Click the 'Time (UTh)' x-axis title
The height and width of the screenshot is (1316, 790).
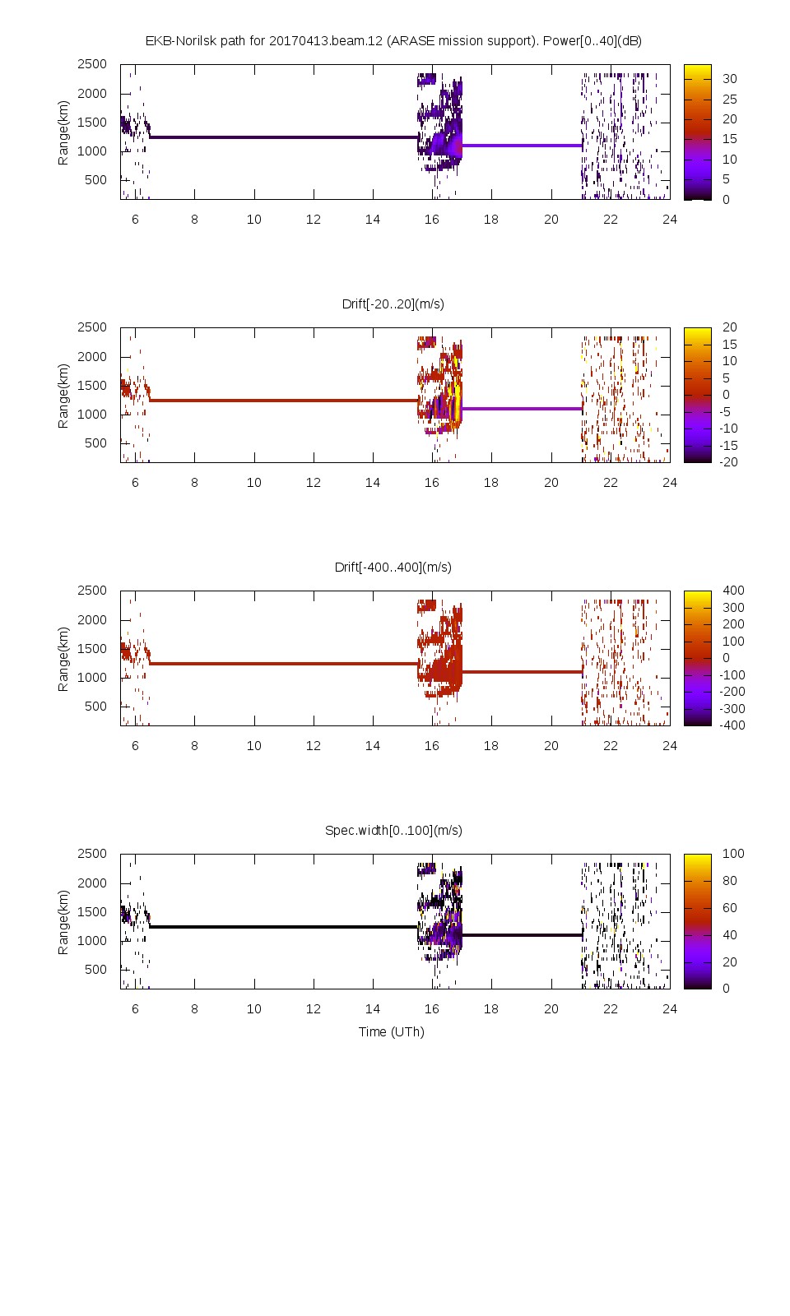(x=391, y=1031)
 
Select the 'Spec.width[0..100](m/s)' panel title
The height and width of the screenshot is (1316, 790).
(x=393, y=830)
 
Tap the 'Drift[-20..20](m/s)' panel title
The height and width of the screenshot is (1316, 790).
(x=393, y=304)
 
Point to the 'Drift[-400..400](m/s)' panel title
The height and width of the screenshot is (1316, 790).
(x=393, y=567)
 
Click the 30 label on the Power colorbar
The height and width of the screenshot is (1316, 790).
(x=729, y=79)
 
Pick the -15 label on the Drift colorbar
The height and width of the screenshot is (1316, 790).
(x=729, y=445)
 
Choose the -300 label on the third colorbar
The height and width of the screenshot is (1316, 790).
(x=732, y=708)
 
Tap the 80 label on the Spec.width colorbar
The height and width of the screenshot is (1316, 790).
(x=729, y=881)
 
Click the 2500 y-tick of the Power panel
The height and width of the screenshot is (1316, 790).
(x=92, y=64)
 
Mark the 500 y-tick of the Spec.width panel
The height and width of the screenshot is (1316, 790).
(x=95, y=969)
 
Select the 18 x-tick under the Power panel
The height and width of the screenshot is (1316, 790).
(x=491, y=220)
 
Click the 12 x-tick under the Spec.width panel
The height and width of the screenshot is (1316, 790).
(x=314, y=1009)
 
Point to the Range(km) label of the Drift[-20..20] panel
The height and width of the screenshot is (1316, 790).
(x=63, y=396)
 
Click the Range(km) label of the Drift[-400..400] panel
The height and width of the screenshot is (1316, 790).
(x=63, y=659)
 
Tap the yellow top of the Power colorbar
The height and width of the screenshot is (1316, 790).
(x=697, y=70)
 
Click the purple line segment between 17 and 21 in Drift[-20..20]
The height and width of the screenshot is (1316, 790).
(x=522, y=409)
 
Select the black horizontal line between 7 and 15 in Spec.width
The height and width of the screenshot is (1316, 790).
(x=284, y=927)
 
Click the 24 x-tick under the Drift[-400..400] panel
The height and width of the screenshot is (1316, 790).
(x=670, y=746)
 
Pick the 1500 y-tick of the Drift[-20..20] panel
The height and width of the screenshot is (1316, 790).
(x=92, y=385)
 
